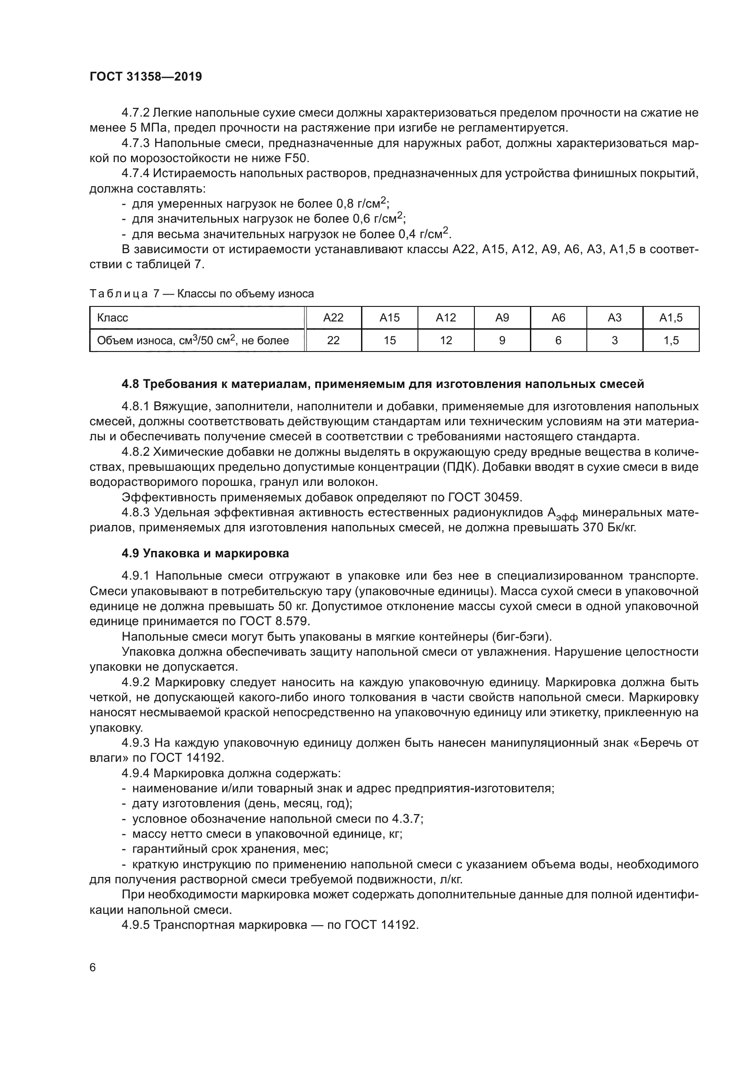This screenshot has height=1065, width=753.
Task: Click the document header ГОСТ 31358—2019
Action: [x=146, y=76]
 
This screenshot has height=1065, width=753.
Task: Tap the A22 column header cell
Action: [x=333, y=318]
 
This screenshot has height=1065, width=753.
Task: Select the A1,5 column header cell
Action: [x=671, y=318]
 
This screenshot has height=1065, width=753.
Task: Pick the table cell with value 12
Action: [x=446, y=341]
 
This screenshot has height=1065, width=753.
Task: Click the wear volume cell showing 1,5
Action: [x=671, y=341]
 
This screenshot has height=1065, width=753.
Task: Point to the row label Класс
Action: [x=112, y=318]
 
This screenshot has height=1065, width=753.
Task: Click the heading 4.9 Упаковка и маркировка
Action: [x=205, y=553]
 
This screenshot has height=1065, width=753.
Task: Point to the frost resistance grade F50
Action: [x=296, y=158]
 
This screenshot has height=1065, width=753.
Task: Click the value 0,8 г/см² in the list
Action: [x=361, y=204]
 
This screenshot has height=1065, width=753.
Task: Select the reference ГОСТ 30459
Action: [x=484, y=497]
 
